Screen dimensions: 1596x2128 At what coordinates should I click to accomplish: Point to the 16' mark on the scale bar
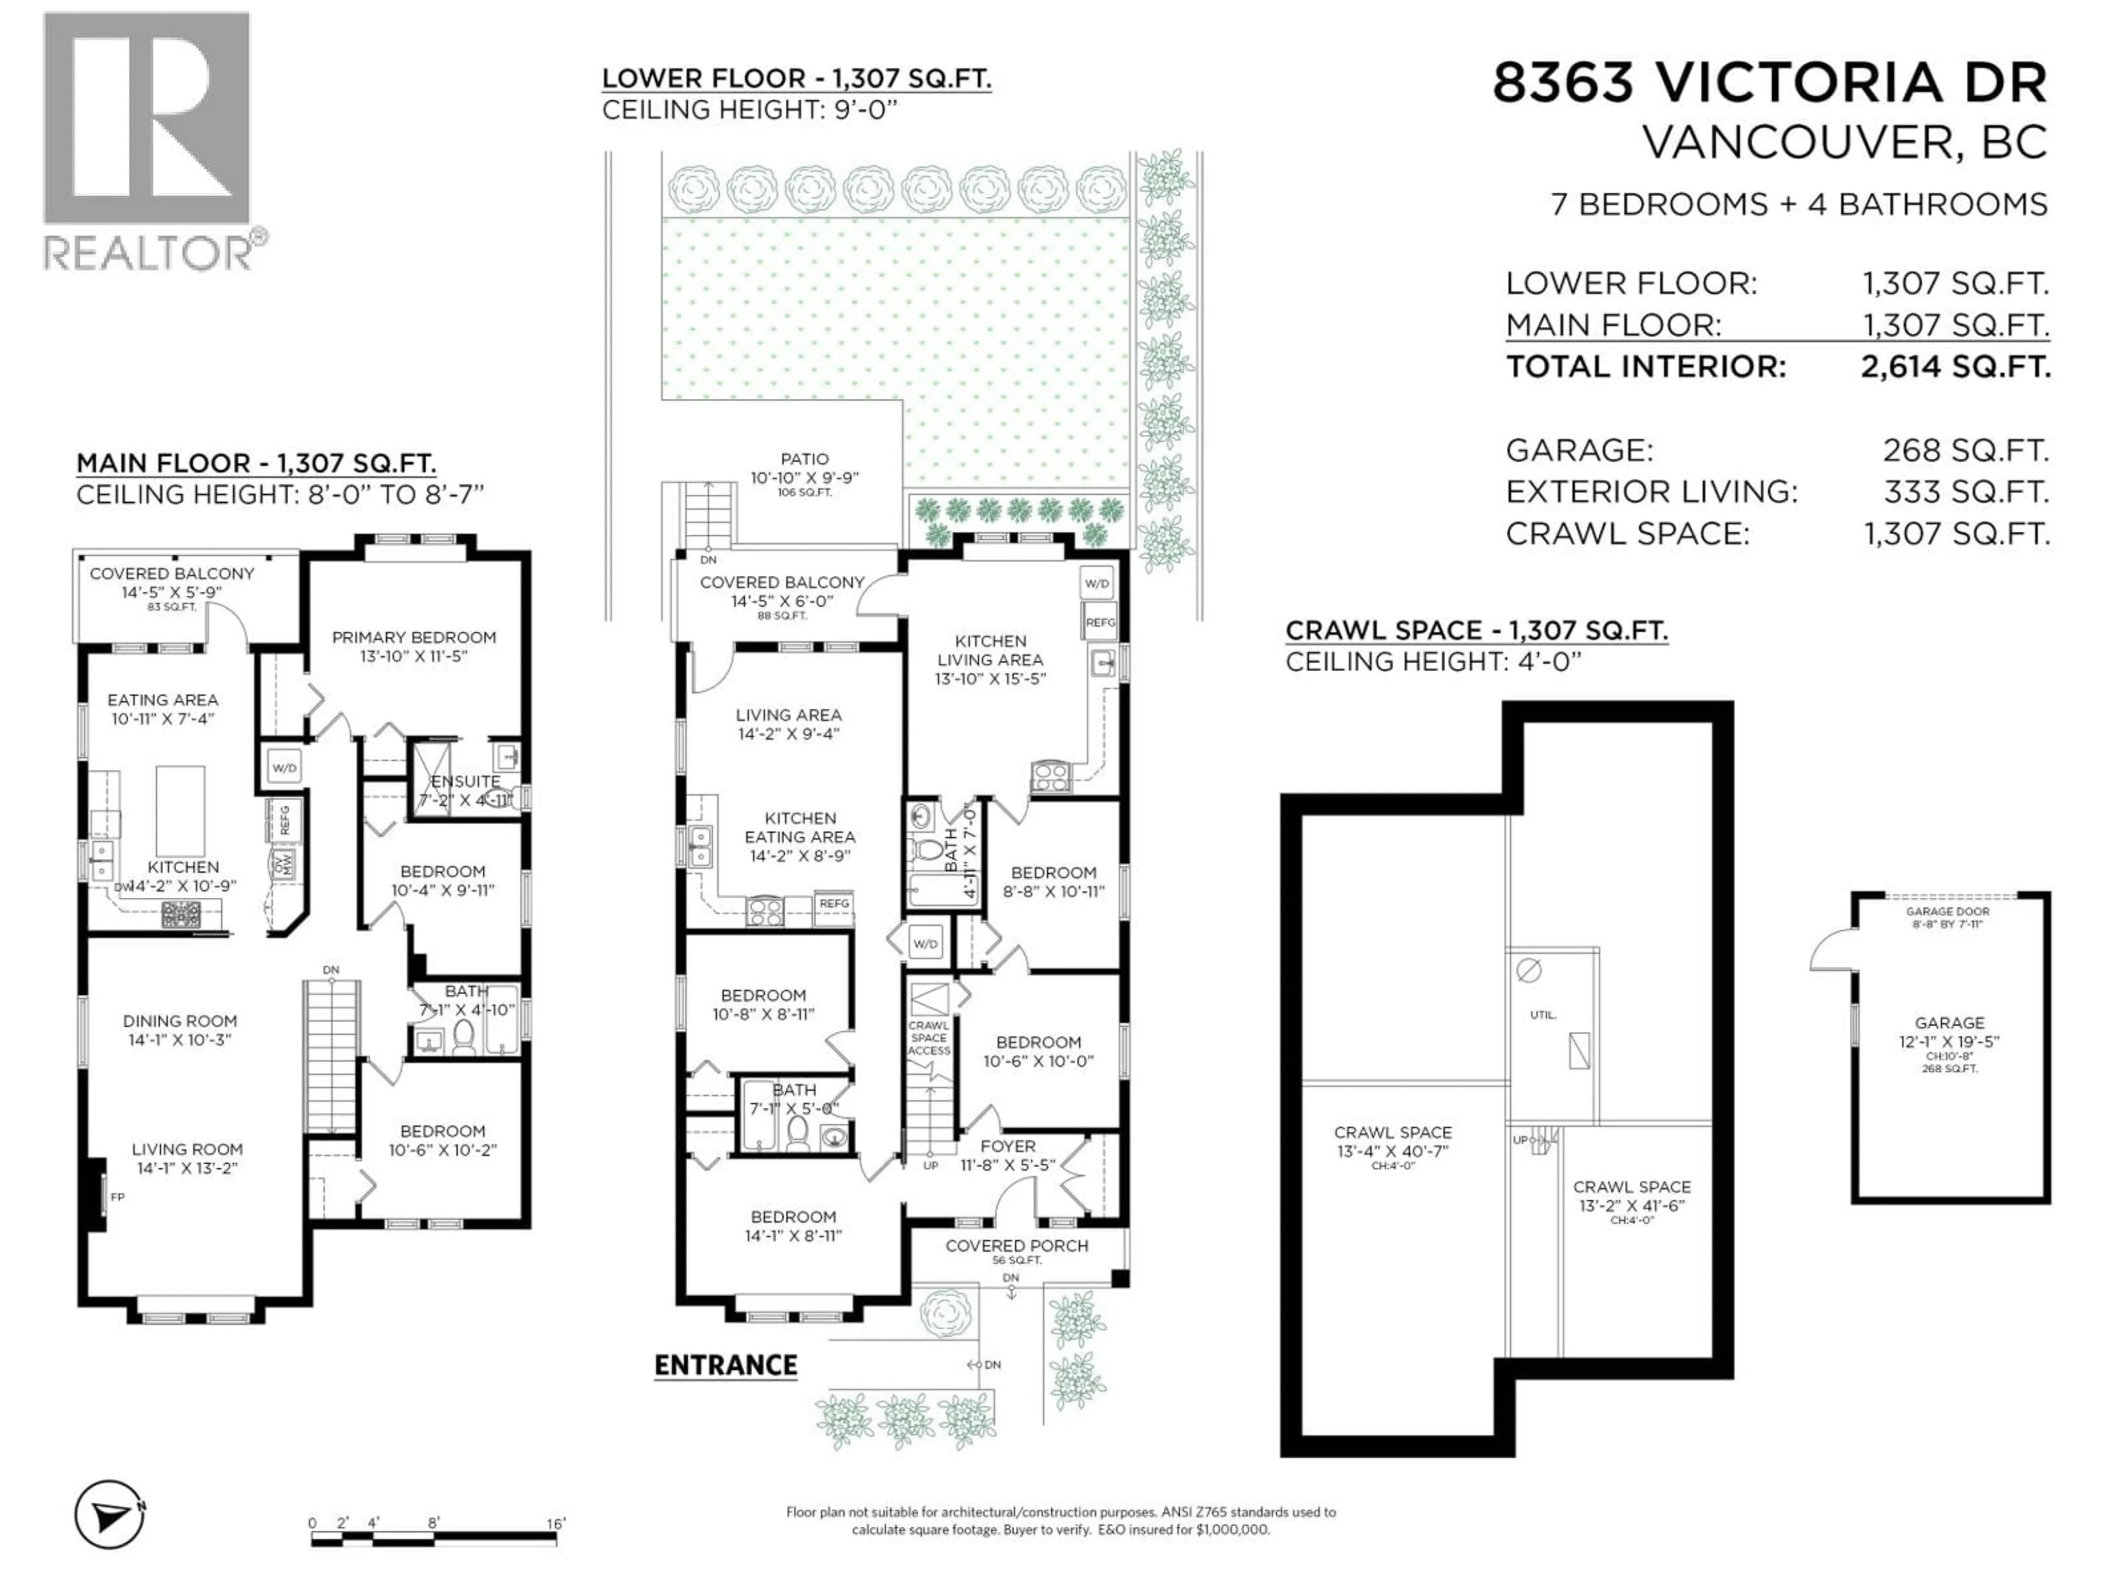[x=556, y=1523]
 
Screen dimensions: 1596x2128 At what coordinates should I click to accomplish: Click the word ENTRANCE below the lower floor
[x=725, y=1365]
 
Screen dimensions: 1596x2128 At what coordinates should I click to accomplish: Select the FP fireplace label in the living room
[x=117, y=1197]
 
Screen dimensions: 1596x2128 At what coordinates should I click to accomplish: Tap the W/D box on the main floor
[x=284, y=767]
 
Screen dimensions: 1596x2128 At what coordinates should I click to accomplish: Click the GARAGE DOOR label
[x=1947, y=911]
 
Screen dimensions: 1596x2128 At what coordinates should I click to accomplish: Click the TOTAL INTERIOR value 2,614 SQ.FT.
[x=1955, y=366]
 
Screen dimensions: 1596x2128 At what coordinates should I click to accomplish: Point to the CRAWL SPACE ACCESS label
[x=928, y=1038]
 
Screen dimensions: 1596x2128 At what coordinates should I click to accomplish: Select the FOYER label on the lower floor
[x=1007, y=1147]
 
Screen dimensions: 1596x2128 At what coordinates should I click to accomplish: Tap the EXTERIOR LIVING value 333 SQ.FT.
[x=1966, y=492]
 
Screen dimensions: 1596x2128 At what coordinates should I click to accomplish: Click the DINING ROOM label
[x=180, y=1021]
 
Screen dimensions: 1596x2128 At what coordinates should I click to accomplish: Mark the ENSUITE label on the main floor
[x=465, y=781]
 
